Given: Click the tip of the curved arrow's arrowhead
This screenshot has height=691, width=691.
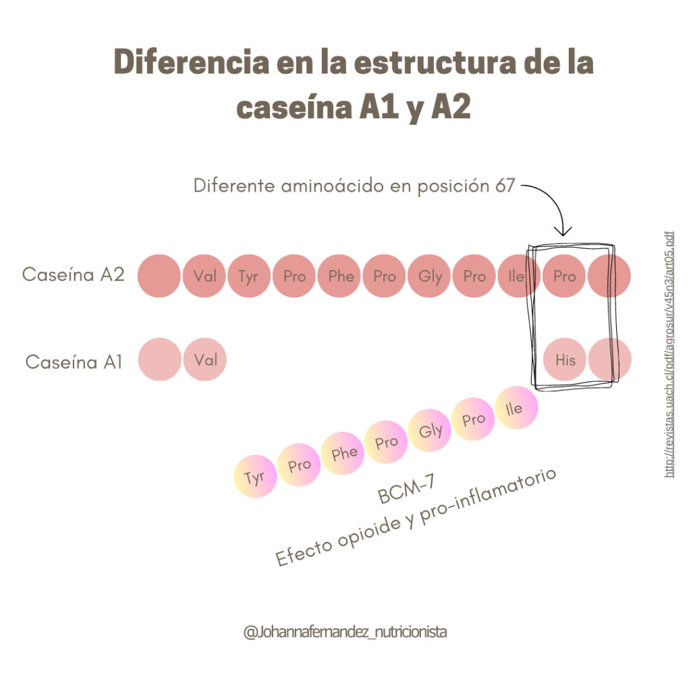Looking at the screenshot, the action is coord(562,236).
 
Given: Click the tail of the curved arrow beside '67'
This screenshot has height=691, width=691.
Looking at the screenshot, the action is coord(522,186).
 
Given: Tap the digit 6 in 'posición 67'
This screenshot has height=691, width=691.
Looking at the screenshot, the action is coord(500,186).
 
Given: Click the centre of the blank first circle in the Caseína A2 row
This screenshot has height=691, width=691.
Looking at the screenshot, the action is coord(159,276).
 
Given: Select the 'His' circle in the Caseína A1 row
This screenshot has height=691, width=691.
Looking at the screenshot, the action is coord(565,360).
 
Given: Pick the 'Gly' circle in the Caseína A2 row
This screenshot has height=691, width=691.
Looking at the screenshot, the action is coord(429,276).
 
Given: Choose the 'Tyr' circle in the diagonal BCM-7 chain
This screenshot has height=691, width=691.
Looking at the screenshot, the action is coord(255,476).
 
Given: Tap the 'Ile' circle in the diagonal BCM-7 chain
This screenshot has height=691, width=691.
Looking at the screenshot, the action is coord(516,408).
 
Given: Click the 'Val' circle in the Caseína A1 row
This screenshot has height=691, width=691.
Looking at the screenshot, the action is coord(205,360).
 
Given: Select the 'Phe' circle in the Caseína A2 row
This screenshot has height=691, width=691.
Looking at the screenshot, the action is coord(339,276).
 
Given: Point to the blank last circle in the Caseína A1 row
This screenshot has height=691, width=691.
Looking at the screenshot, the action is coord(610,360).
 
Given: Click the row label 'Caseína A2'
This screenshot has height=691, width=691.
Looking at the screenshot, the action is coord(73,275).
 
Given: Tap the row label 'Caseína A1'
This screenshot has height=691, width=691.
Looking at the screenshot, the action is coord(74,362).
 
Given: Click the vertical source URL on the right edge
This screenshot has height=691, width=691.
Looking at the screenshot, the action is coord(669,354).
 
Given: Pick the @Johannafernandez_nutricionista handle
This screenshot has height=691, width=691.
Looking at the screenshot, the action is coord(345,632).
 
